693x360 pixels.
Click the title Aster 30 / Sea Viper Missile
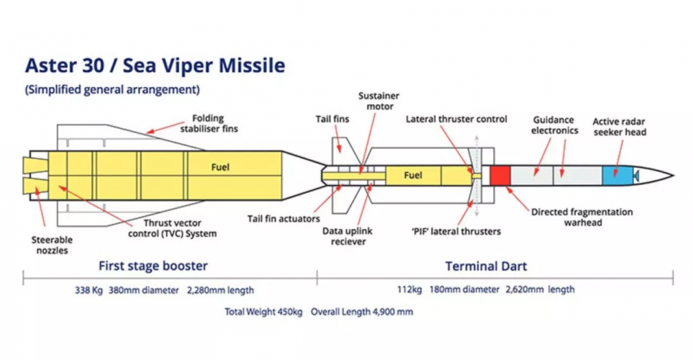click(x=155, y=66)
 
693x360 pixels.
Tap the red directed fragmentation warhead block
click(x=499, y=175)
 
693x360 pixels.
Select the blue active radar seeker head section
click(x=611, y=175)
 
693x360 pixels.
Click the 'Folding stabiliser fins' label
click(x=214, y=124)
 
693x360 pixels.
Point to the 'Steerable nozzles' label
click(x=52, y=246)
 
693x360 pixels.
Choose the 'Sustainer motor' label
click(x=380, y=101)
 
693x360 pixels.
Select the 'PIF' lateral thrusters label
click(x=456, y=232)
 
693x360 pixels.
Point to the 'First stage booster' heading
click(x=153, y=265)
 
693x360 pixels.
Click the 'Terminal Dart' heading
click(x=486, y=266)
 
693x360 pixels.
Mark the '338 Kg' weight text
click(x=89, y=290)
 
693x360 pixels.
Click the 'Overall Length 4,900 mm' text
click(x=362, y=312)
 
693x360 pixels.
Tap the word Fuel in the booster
click(x=220, y=167)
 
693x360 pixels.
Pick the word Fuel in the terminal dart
click(x=412, y=175)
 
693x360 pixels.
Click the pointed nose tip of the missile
click(x=671, y=175)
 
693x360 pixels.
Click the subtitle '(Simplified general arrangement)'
click(x=112, y=90)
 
